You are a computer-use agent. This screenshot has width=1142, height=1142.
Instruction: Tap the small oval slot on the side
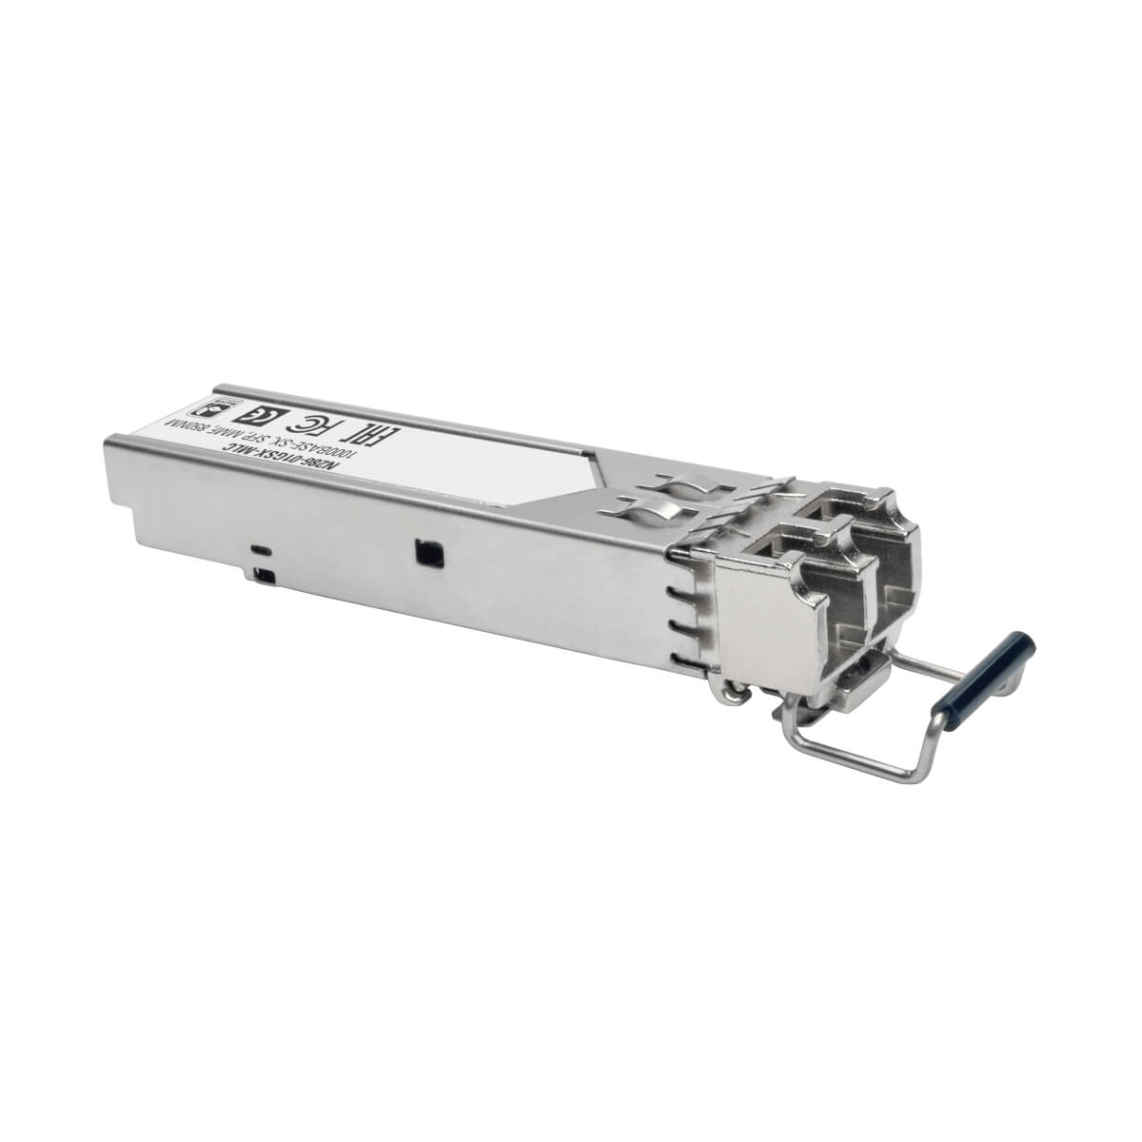click(259, 550)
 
